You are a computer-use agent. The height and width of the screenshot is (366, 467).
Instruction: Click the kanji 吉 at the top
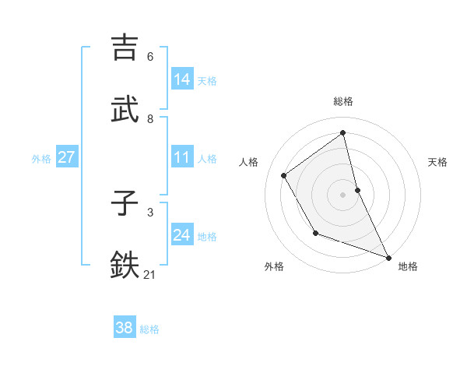pyautogui.click(x=127, y=48)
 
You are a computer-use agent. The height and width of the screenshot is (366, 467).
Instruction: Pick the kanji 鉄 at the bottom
pyautogui.click(x=127, y=265)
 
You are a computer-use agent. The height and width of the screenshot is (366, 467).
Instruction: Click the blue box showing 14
pyautogui.click(x=182, y=79)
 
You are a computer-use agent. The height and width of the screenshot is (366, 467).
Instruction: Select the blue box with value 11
pyautogui.click(x=182, y=157)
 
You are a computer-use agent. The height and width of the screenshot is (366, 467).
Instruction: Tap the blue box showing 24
pyautogui.click(x=182, y=235)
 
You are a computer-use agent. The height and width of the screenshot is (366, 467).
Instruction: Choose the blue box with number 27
pyautogui.click(x=67, y=157)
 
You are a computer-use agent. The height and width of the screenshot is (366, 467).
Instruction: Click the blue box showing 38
pyautogui.click(x=125, y=328)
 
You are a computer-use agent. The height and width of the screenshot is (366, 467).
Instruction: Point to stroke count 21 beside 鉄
pyautogui.click(x=150, y=274)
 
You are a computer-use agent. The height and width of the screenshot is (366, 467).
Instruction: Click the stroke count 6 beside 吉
pyautogui.click(x=150, y=57)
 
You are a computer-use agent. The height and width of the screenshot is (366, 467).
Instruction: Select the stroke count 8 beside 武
pyautogui.click(x=150, y=119)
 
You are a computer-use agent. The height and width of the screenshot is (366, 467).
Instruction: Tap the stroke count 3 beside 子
pyautogui.click(x=150, y=212)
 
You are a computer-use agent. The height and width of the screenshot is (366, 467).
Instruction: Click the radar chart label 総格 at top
pyautogui.click(x=343, y=101)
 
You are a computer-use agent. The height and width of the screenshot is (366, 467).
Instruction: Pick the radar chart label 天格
pyautogui.click(x=437, y=162)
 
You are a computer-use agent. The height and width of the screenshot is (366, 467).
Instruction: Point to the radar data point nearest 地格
pyautogui.click(x=388, y=257)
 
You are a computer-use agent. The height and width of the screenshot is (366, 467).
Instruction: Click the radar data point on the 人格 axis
pyautogui.click(x=284, y=175)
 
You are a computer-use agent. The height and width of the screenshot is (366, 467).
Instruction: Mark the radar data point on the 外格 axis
pyautogui.click(x=315, y=233)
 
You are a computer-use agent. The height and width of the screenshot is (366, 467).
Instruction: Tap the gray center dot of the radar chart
pyautogui.click(x=343, y=195)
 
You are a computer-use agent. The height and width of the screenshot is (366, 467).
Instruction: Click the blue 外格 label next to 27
pyautogui.click(x=41, y=159)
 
